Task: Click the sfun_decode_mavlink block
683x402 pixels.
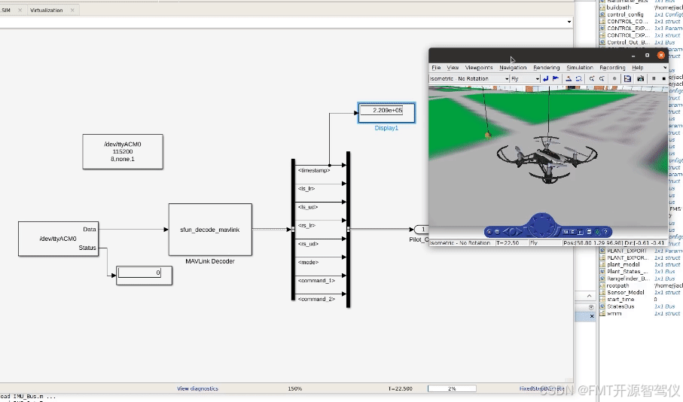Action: point(209,229)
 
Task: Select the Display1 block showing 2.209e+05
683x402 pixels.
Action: point(386,111)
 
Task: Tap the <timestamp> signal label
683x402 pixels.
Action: point(314,170)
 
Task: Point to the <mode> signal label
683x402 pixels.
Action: point(309,262)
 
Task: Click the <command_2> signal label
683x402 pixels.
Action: point(316,299)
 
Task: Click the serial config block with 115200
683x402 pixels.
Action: point(123,151)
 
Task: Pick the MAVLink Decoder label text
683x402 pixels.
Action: point(209,261)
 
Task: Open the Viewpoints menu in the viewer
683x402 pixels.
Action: point(478,68)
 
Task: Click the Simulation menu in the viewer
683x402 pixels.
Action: point(580,68)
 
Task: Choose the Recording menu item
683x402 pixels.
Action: point(612,68)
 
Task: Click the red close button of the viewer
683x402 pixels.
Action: point(660,55)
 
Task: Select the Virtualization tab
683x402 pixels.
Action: point(47,11)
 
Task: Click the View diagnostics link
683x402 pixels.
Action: point(197,388)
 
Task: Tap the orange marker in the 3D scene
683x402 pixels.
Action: point(488,135)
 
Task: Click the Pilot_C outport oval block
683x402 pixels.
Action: point(422,229)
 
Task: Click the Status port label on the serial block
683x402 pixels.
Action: point(87,248)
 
